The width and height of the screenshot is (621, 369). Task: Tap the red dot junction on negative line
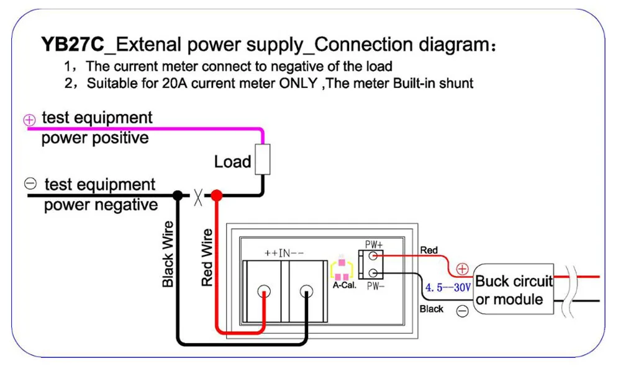pyautogui.click(x=216, y=195)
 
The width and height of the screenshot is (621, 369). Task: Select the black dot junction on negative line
pyautogui.click(x=178, y=195)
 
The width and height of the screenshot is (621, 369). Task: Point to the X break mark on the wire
pyautogui.click(x=197, y=196)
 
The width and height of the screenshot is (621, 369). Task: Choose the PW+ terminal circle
pyautogui.click(x=374, y=255)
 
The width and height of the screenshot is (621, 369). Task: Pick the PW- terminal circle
pyautogui.click(x=374, y=272)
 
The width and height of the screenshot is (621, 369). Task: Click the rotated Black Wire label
pyautogui.click(x=168, y=254)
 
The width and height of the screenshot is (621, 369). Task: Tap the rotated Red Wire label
pyautogui.click(x=207, y=257)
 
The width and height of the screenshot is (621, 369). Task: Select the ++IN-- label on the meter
pyautogui.click(x=285, y=253)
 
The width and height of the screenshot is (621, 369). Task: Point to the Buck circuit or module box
pyautogui.click(x=514, y=290)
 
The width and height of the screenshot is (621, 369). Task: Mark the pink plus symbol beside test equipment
pyautogui.click(x=30, y=120)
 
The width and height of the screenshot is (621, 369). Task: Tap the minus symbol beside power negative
pyautogui.click(x=30, y=184)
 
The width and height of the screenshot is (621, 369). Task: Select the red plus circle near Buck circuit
pyautogui.click(x=463, y=269)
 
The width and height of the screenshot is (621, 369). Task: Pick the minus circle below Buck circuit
pyautogui.click(x=463, y=311)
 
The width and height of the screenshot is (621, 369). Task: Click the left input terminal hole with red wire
pyautogui.click(x=264, y=291)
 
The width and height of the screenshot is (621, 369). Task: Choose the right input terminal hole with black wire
pyautogui.click(x=306, y=291)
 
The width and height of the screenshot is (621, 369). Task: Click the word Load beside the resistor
pyautogui.click(x=233, y=162)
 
